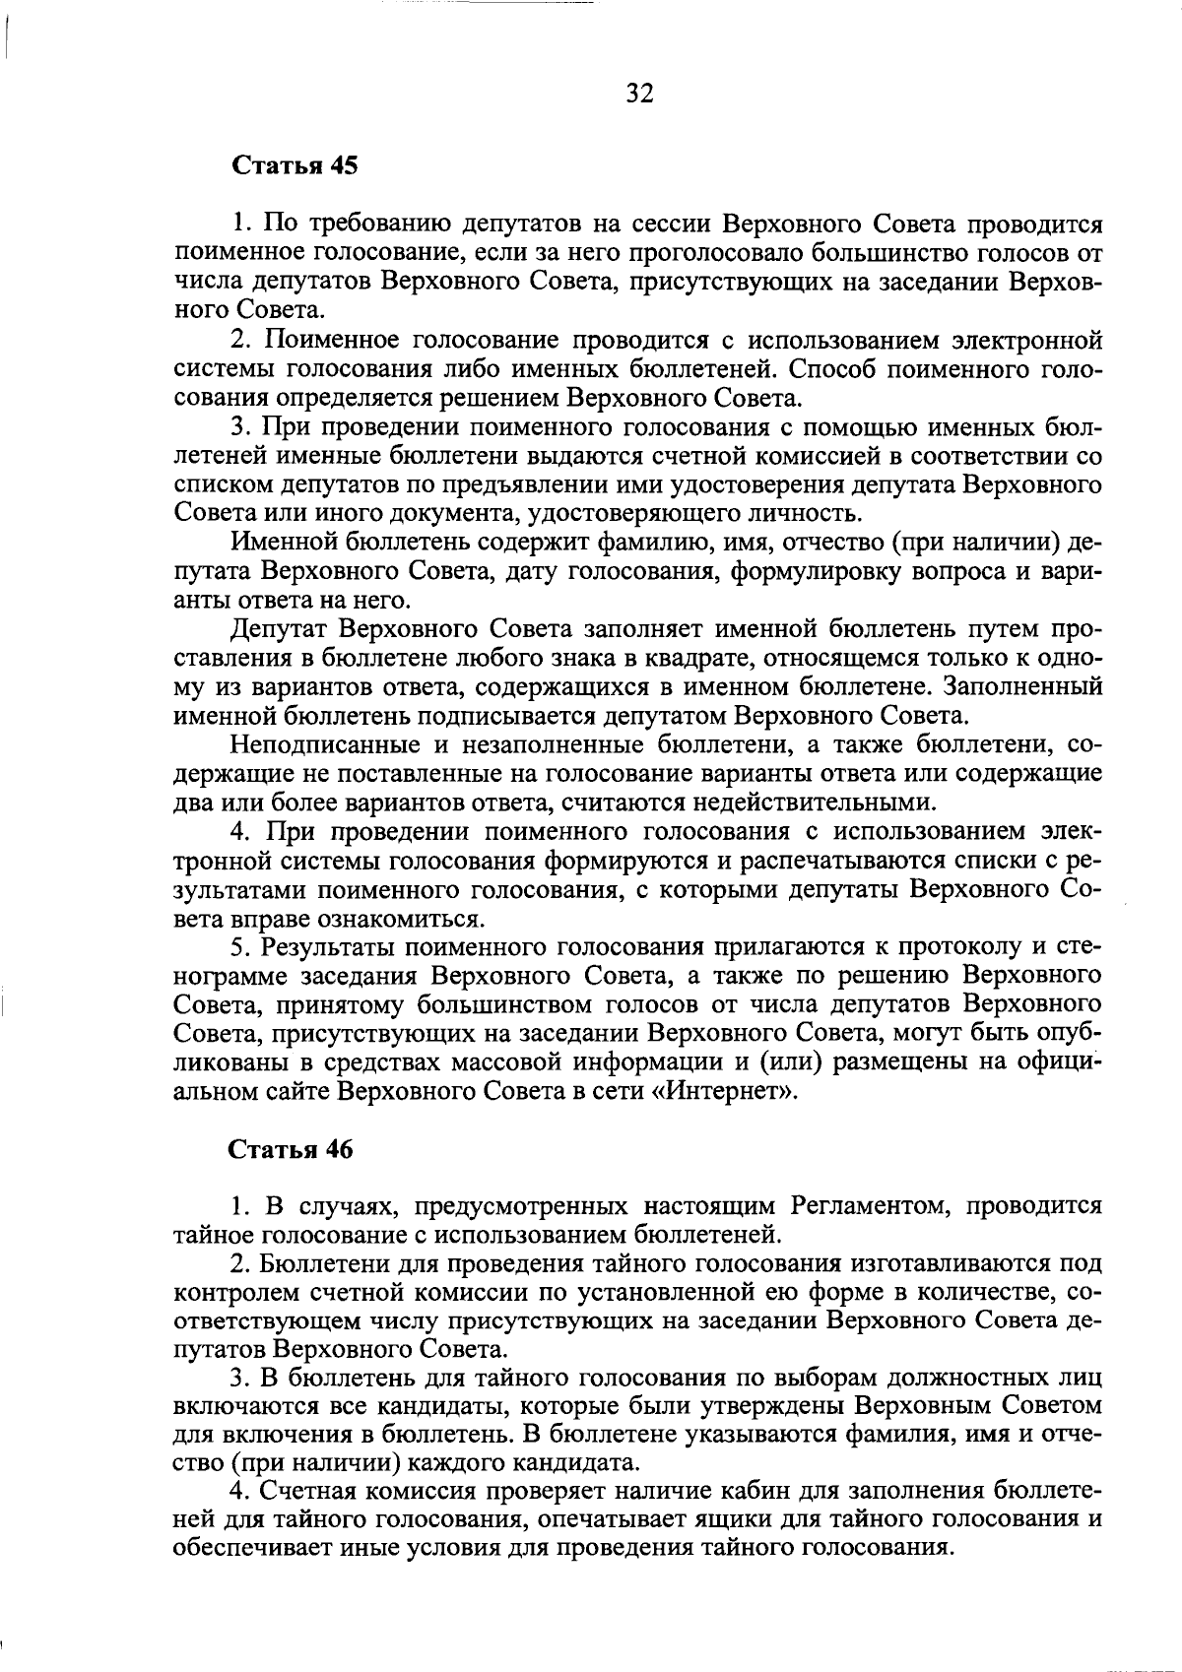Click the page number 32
click(x=639, y=94)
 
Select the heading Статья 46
click(x=291, y=1149)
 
